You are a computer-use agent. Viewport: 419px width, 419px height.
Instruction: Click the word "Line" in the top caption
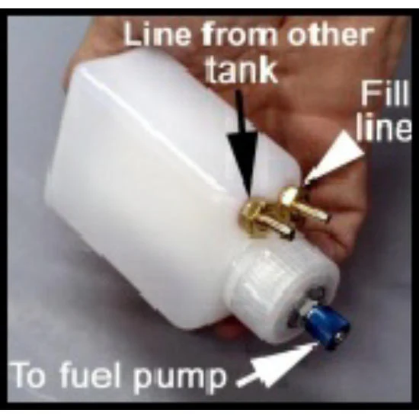click(x=157, y=34)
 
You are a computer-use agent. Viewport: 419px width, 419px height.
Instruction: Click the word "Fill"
click(x=385, y=93)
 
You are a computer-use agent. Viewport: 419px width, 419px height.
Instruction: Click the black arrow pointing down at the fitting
click(x=241, y=144)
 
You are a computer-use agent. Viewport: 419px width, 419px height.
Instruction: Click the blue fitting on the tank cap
click(x=328, y=327)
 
